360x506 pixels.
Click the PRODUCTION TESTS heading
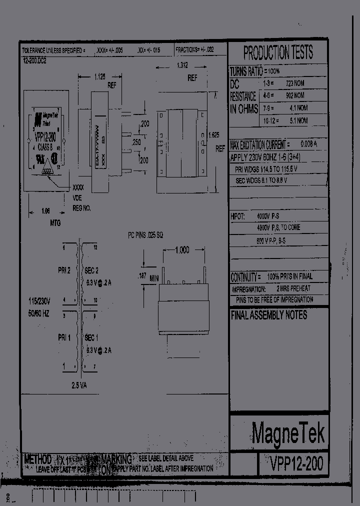click(x=278, y=52)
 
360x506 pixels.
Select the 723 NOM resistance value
click(x=294, y=83)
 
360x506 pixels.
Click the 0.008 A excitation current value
click(x=308, y=144)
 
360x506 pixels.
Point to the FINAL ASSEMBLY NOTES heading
click(x=269, y=315)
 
